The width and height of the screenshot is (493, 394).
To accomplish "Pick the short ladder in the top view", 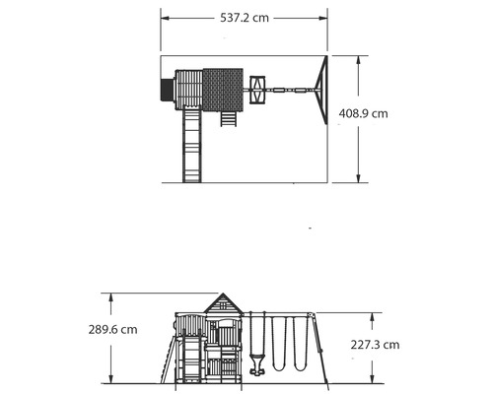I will (228, 118).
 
